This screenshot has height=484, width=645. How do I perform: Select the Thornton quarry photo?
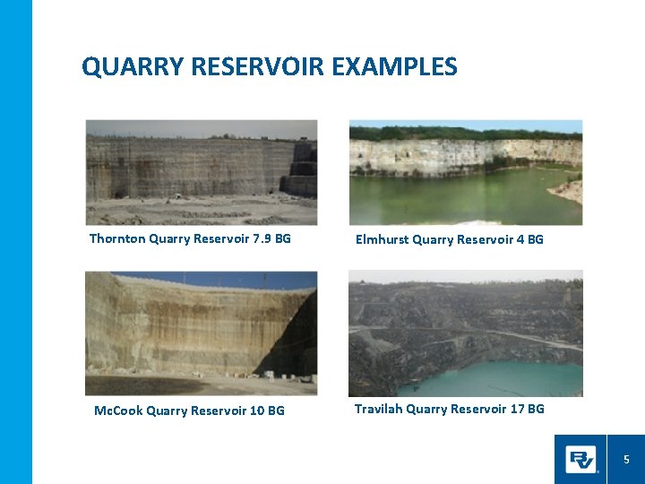click(x=202, y=172)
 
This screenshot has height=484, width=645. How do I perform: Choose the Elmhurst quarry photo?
click(x=465, y=172)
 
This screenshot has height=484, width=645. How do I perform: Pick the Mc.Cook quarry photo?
click(x=202, y=333)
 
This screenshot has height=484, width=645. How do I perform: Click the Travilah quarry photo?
click(x=465, y=333)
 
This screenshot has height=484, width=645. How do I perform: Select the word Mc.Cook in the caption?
click(x=117, y=411)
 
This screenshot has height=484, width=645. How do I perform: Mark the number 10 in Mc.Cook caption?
click(x=255, y=411)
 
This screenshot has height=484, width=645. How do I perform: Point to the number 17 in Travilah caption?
click(x=515, y=409)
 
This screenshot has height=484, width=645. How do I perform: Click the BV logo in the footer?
click(x=580, y=460)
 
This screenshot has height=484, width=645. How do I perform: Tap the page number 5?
click(x=626, y=460)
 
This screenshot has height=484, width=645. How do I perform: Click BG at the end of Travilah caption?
click(x=535, y=409)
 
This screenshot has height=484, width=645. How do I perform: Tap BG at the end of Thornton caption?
click(x=281, y=239)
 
